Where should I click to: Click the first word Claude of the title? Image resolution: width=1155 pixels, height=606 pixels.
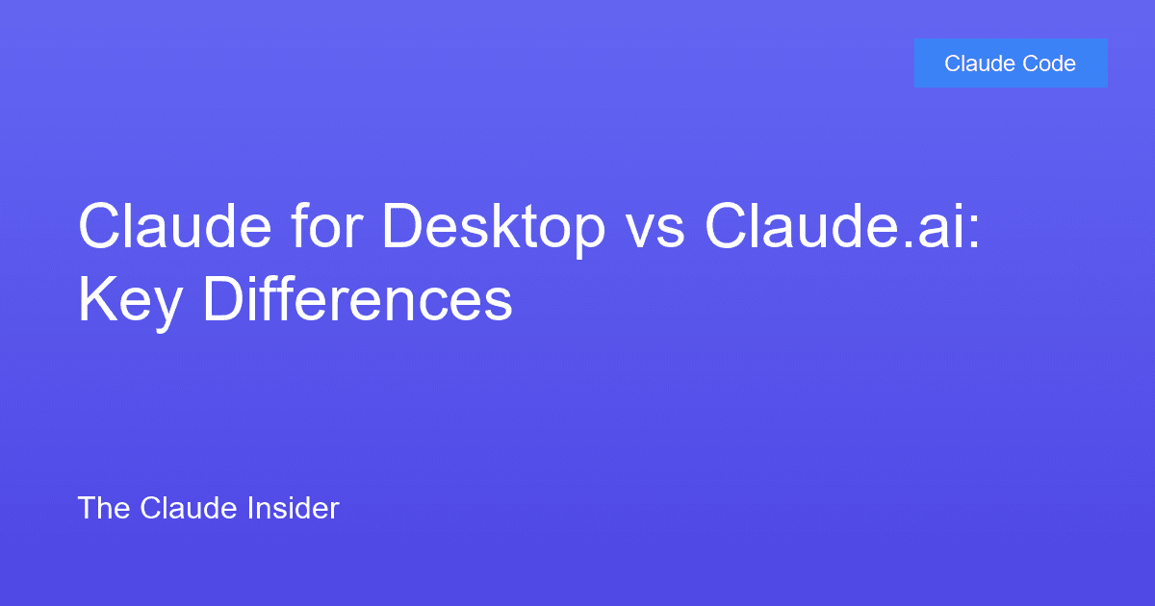click(169, 227)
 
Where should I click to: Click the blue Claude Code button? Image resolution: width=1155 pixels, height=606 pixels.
click(1011, 63)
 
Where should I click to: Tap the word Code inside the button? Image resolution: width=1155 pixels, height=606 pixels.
click(1051, 63)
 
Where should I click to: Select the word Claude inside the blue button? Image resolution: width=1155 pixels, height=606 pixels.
click(977, 63)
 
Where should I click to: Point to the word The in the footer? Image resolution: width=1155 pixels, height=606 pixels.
click(97, 508)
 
